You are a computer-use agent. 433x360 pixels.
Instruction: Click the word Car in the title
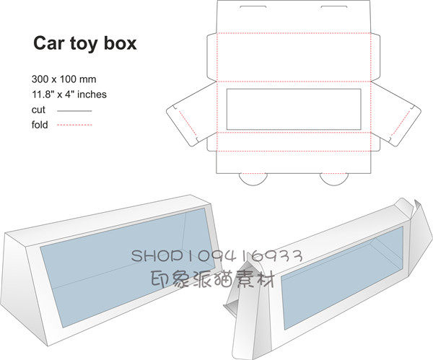tap(48, 43)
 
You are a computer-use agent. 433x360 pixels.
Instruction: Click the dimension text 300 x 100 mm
tap(64, 78)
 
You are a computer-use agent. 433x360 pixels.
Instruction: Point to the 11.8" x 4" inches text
tap(69, 94)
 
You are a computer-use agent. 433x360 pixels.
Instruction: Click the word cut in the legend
tap(38, 110)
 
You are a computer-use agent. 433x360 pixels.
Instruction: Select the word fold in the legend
tap(40, 125)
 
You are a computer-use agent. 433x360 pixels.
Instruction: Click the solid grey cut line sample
tap(74, 110)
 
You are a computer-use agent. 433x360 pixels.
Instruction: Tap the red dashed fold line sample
tap(74, 126)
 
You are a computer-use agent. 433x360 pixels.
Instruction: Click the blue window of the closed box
tap(123, 260)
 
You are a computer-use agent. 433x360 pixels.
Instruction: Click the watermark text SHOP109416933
tap(216, 256)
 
